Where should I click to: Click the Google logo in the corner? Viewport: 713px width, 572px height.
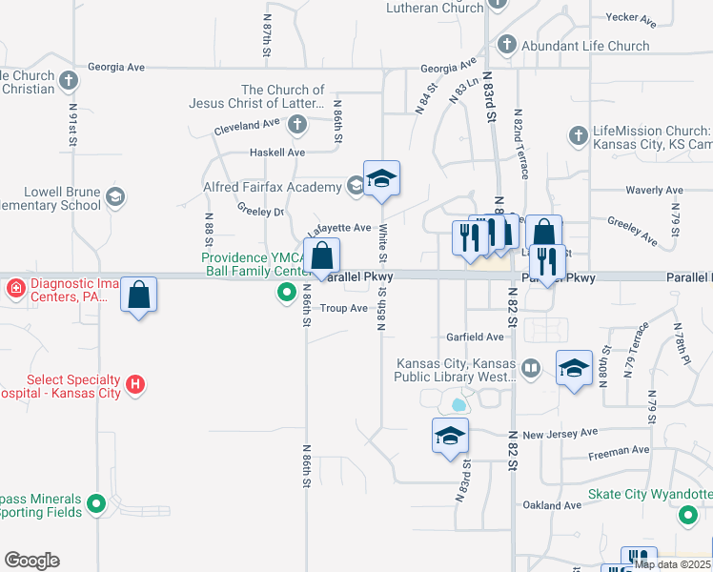pos(31,561)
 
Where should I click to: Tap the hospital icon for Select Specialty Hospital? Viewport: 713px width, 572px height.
pos(136,385)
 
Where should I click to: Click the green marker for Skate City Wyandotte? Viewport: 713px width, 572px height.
pos(687,516)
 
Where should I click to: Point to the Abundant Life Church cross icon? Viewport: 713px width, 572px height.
pos(506,46)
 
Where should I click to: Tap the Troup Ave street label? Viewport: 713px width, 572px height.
pos(343,308)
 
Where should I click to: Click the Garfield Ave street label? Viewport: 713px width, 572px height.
pos(475,337)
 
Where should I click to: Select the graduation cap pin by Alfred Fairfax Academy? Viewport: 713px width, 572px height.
pos(381,179)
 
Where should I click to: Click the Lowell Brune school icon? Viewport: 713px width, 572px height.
pos(115,197)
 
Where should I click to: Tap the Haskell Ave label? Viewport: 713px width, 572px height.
pos(276,153)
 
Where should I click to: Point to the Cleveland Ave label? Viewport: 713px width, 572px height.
pos(246,125)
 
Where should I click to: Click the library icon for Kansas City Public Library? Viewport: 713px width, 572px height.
pos(531,367)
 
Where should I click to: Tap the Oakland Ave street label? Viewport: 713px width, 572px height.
pos(551,505)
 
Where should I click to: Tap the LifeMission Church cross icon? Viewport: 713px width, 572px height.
pos(577,136)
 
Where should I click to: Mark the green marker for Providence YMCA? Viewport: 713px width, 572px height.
pos(285,293)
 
